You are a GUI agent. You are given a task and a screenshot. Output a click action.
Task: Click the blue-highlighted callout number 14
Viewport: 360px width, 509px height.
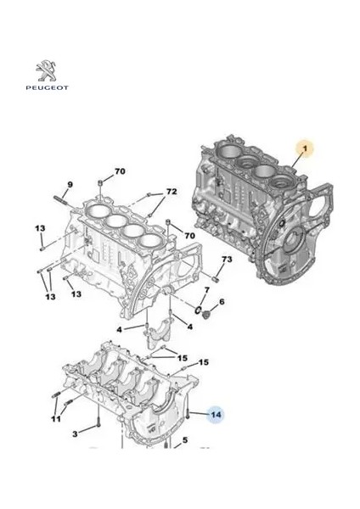[215, 415]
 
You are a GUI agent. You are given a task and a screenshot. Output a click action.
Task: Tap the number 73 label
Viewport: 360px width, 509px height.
[227, 259]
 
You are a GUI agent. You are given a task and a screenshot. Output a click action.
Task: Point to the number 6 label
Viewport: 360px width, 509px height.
[222, 302]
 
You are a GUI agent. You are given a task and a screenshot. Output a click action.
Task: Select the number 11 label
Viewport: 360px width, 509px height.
[55, 420]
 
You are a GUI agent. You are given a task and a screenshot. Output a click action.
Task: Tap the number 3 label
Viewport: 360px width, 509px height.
[75, 434]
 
